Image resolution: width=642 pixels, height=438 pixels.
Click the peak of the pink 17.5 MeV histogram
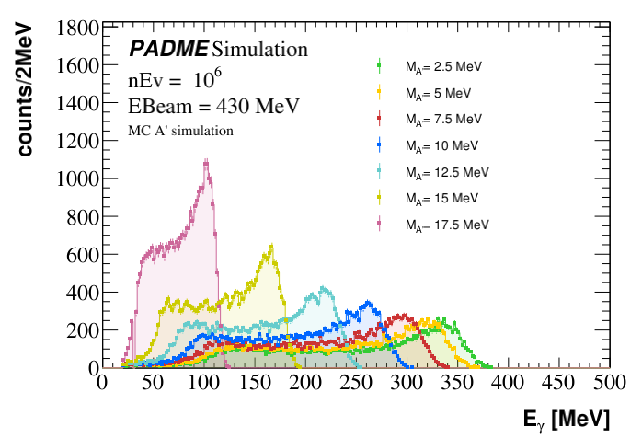[206, 162]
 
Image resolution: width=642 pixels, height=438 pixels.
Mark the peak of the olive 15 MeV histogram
[271, 247]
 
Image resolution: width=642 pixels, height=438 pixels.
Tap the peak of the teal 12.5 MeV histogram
[323, 288]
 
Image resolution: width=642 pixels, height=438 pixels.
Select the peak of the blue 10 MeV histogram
[368, 301]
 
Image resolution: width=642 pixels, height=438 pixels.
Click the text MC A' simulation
[180, 131]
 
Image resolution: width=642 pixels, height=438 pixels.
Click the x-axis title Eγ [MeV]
[565, 419]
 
